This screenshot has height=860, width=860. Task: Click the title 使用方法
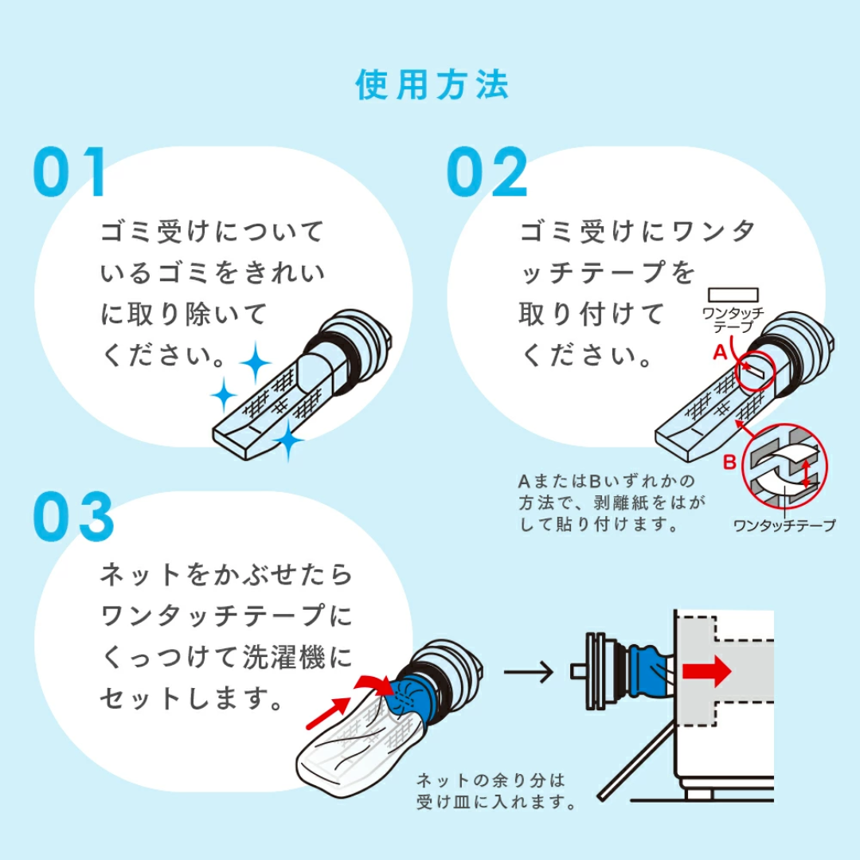(432, 85)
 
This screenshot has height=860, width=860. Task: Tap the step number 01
(70, 173)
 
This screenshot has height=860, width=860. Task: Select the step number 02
(487, 173)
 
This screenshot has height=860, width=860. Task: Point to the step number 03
(74, 518)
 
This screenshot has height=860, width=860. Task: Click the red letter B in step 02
(729, 460)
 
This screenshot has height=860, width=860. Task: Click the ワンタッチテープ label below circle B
(784, 526)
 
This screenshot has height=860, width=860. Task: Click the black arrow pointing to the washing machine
(529, 672)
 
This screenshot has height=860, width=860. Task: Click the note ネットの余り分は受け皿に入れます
(496, 791)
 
